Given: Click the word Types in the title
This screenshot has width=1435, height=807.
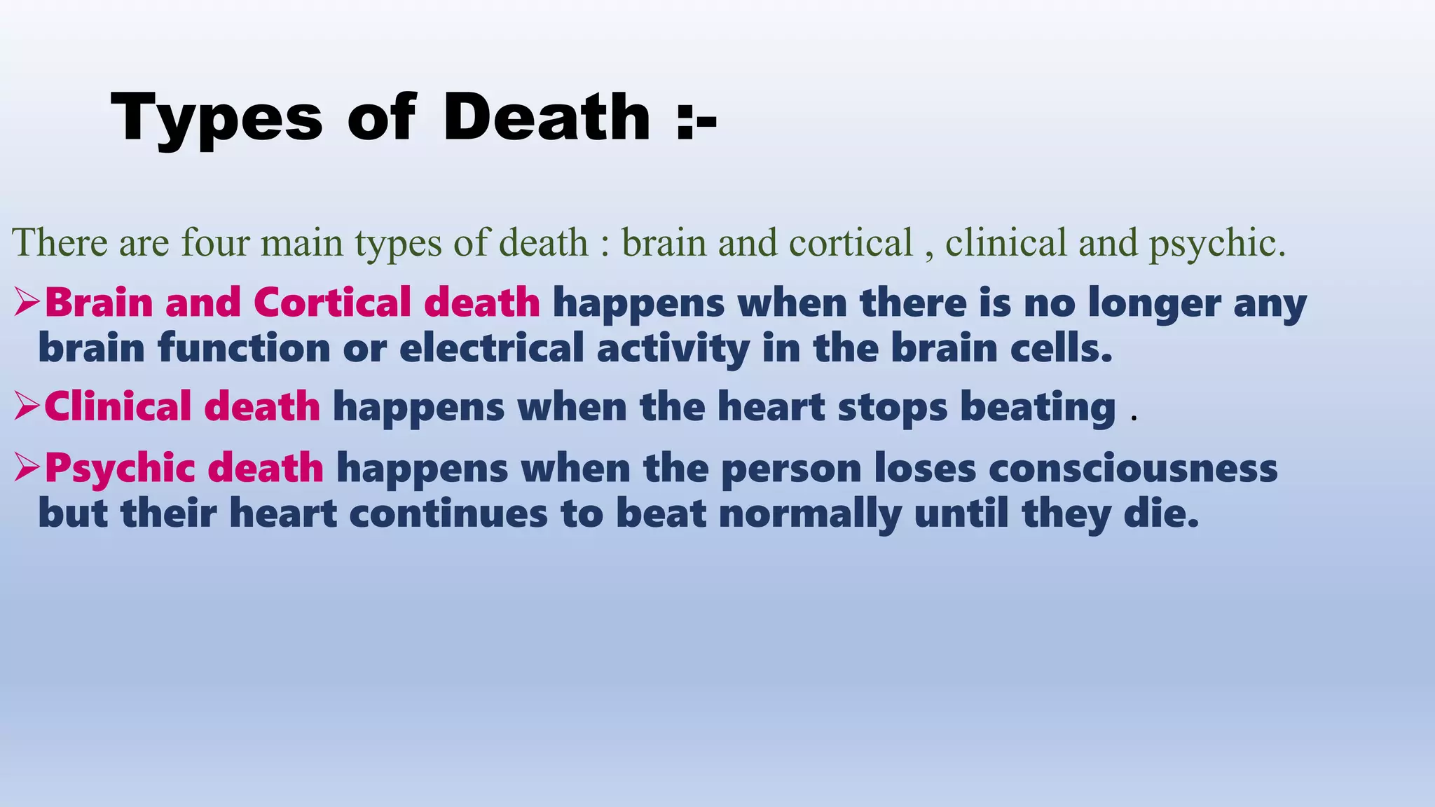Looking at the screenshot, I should (x=217, y=119).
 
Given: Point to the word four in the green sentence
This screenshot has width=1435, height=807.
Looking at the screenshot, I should (x=215, y=243).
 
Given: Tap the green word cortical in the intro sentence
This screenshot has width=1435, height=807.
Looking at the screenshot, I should (x=851, y=243).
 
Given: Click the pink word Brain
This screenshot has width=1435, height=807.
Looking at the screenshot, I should (x=99, y=303).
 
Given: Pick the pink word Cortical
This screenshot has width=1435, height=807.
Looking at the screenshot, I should (x=332, y=303).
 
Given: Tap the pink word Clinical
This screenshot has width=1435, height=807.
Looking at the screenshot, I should (x=117, y=406).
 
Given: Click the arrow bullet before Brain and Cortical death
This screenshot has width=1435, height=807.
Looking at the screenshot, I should (x=27, y=303).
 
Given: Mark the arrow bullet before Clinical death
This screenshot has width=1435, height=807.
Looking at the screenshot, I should (x=27, y=406).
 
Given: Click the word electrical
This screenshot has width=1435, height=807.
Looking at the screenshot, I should (x=491, y=348).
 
